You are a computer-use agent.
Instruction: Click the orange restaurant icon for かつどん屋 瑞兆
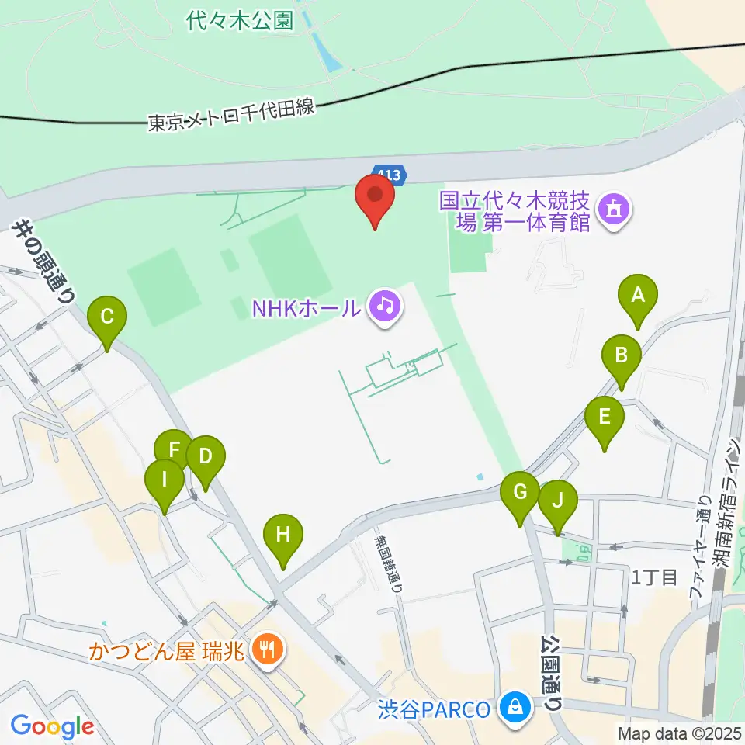(x=268, y=648)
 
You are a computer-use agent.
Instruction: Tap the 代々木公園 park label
(x=240, y=20)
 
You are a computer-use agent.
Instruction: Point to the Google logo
(x=52, y=727)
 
